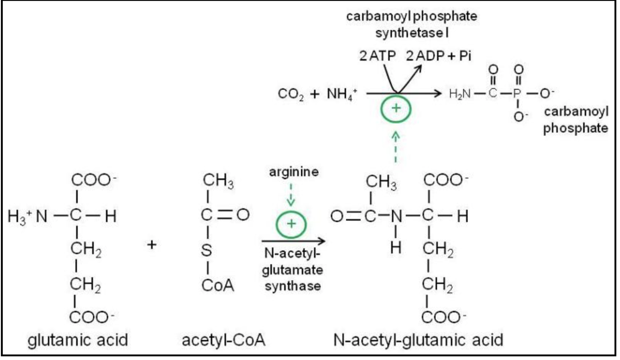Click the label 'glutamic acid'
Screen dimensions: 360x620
click(78, 340)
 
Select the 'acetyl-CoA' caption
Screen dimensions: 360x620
click(224, 340)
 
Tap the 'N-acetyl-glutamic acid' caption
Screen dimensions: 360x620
click(418, 340)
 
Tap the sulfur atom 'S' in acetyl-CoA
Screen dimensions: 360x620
click(207, 251)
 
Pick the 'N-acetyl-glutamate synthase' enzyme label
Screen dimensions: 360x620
click(293, 270)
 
